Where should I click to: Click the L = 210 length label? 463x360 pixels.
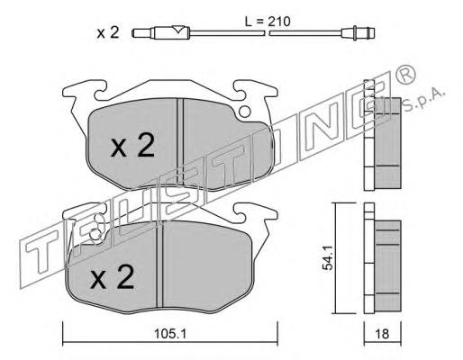pyautogui.click(x=268, y=22)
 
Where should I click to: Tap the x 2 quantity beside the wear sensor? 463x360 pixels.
pyautogui.click(x=108, y=32)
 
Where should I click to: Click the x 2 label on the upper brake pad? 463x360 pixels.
pyautogui.click(x=132, y=146)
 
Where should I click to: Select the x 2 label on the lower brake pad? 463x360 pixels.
pyautogui.click(x=113, y=277)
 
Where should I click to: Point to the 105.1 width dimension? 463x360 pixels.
pyautogui.click(x=170, y=334)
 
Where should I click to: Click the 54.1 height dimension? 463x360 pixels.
pyautogui.click(x=327, y=257)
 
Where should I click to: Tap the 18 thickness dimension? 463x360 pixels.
pyautogui.click(x=382, y=334)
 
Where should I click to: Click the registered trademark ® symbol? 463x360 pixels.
pyautogui.click(x=406, y=74)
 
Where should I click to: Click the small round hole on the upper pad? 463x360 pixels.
pyautogui.click(x=245, y=112)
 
